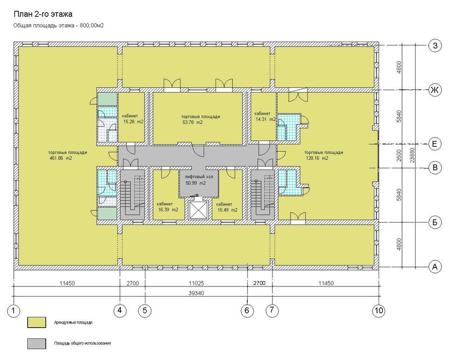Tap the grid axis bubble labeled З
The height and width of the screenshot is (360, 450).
click(x=435, y=46)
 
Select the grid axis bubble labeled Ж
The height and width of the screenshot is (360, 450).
click(x=435, y=91)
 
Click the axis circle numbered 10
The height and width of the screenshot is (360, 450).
click(x=379, y=310)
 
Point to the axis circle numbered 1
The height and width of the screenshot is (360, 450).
click(x=13, y=310)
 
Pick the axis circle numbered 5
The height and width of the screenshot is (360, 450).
click(x=145, y=310)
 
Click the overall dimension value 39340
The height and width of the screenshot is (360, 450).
click(x=196, y=293)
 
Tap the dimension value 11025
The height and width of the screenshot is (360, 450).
click(x=196, y=283)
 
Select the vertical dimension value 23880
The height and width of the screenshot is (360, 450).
click(x=412, y=155)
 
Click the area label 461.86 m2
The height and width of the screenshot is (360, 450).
click(x=61, y=158)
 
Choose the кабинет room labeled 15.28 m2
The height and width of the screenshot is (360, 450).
click(x=131, y=118)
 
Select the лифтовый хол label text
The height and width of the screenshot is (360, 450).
click(x=199, y=177)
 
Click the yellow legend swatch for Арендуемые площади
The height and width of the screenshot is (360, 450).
click(x=37, y=322)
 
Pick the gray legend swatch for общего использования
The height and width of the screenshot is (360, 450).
click(x=37, y=344)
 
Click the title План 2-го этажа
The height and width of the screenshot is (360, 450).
click(x=43, y=14)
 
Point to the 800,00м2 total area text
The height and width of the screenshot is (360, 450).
click(x=92, y=26)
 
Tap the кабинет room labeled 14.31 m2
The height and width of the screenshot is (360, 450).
click(x=263, y=116)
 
